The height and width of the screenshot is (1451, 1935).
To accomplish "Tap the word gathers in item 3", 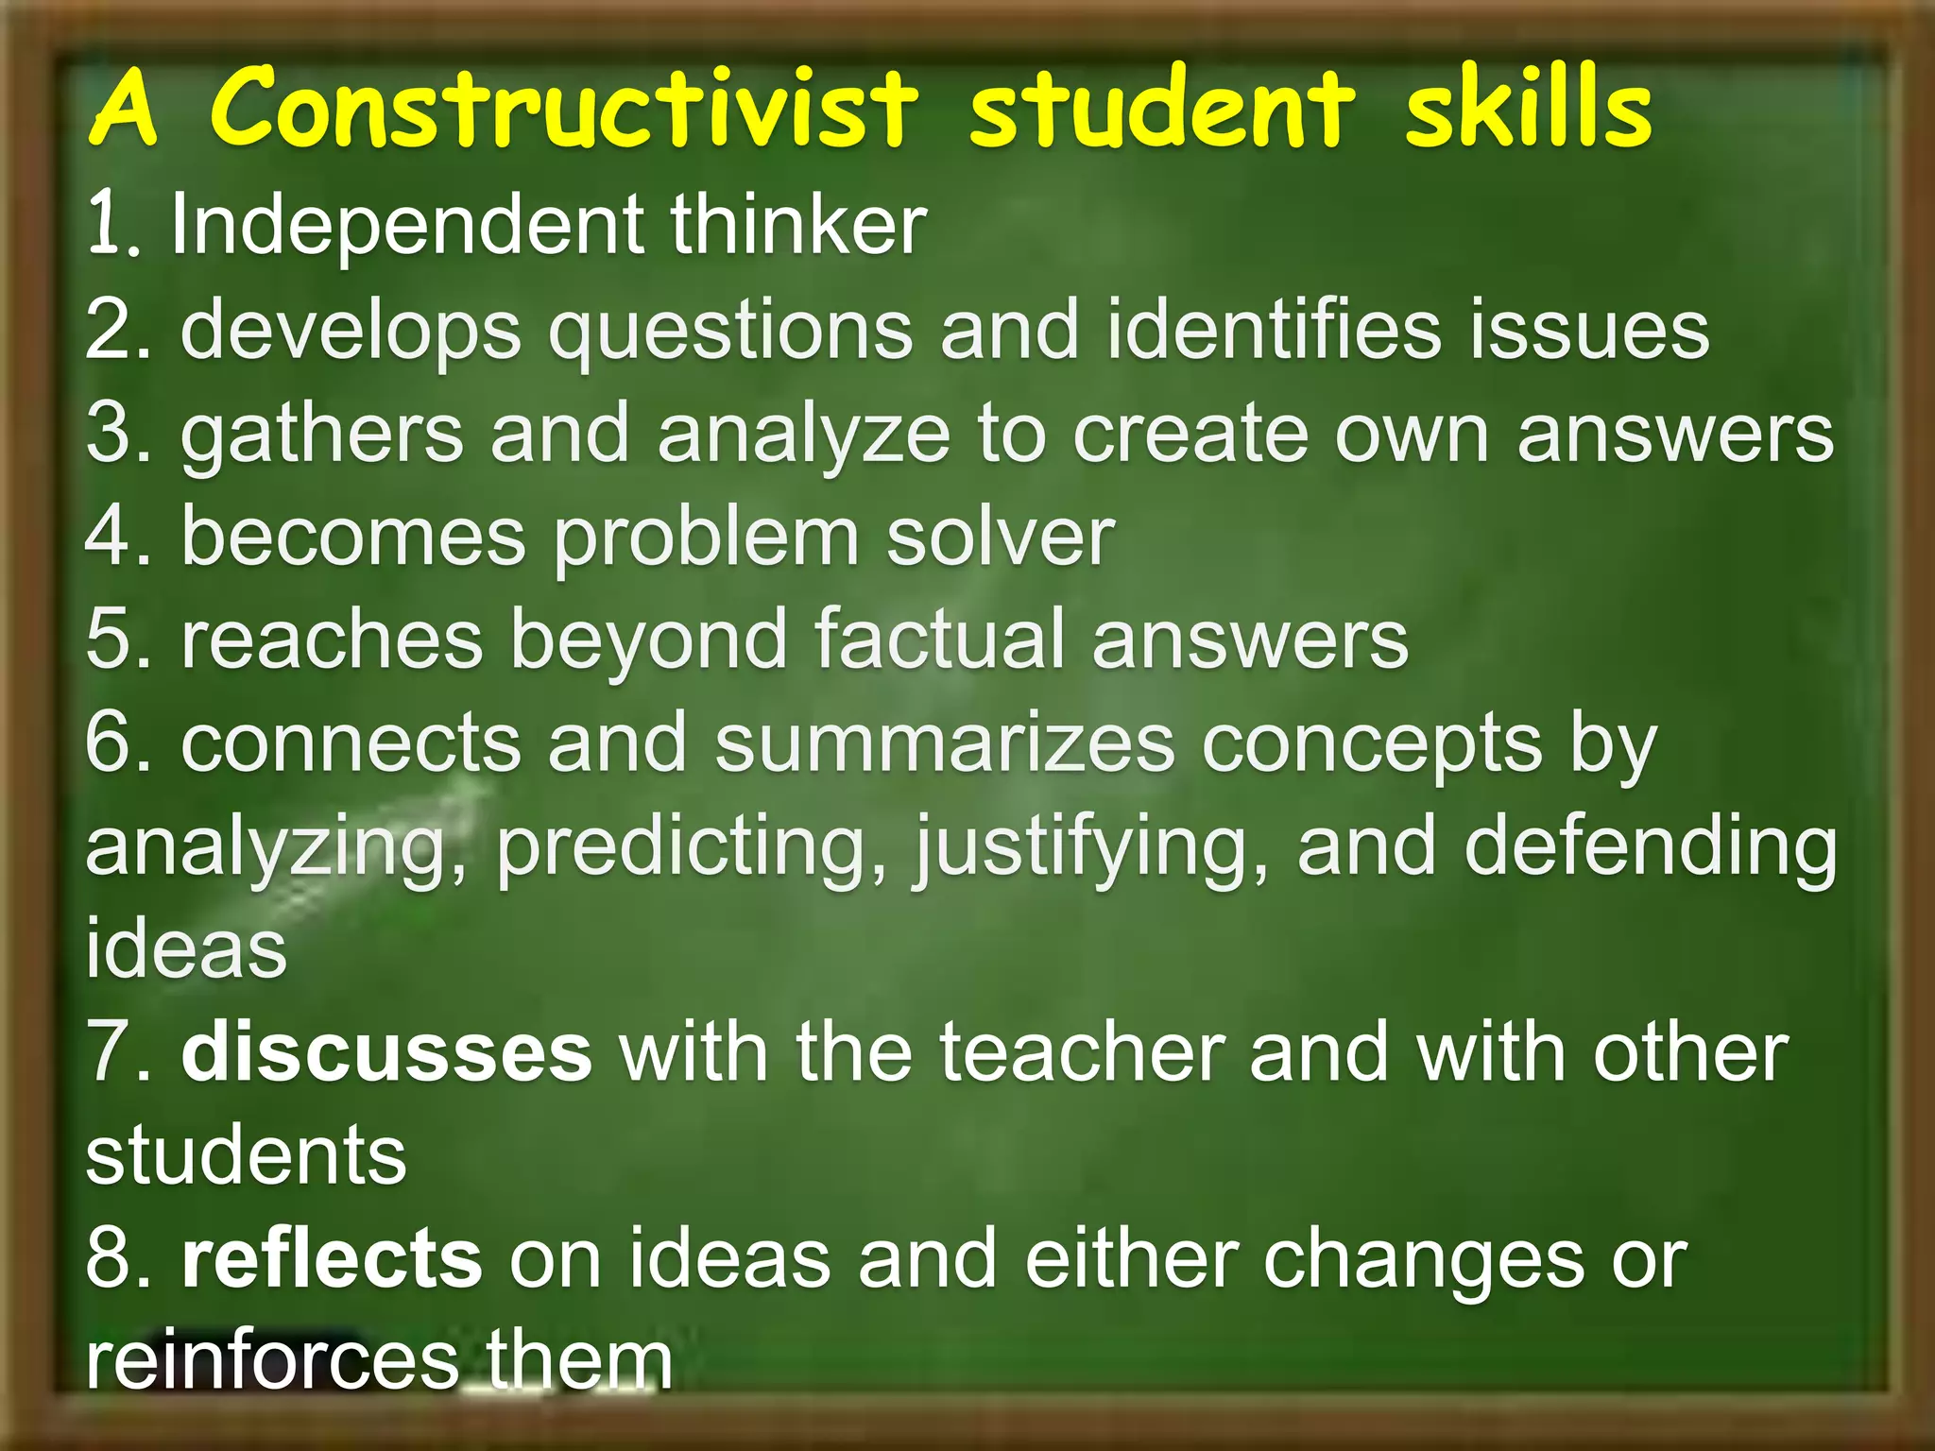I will pyautogui.click(x=322, y=435).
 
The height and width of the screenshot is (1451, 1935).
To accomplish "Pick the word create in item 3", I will pyautogui.click(x=1190, y=434).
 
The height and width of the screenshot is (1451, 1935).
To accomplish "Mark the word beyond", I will pyautogui.click(x=648, y=642).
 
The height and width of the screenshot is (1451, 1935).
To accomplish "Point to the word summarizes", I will pyautogui.click(x=944, y=743).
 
